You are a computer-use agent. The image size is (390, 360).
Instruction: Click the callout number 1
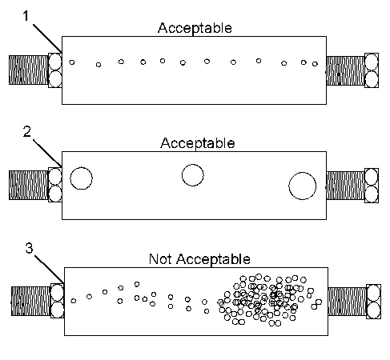[26, 16]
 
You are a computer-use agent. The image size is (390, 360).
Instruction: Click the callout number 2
[27, 132]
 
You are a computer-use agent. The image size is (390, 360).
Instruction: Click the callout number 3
[29, 248]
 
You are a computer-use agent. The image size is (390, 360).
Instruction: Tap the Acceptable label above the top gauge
[195, 28]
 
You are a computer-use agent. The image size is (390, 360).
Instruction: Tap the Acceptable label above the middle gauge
[198, 143]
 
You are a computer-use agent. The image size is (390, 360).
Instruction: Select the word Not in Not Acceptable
[160, 258]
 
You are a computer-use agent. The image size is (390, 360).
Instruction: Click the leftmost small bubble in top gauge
[71, 62]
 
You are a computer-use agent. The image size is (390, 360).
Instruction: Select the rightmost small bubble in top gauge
[315, 64]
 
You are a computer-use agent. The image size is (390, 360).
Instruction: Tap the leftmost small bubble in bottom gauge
[74, 301]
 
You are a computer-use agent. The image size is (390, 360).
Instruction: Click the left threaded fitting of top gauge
[28, 70]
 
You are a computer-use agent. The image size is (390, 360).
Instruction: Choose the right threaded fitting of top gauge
[345, 70]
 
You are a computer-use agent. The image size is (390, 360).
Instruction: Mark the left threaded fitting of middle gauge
[28, 185]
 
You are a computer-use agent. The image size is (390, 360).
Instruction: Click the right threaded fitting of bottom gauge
[347, 302]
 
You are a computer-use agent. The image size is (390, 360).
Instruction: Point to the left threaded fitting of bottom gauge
[30, 302]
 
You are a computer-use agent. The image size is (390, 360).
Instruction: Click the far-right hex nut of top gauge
[372, 70]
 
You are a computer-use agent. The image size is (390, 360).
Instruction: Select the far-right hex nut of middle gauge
[372, 186]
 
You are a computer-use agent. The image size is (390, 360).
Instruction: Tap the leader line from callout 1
[47, 38]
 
